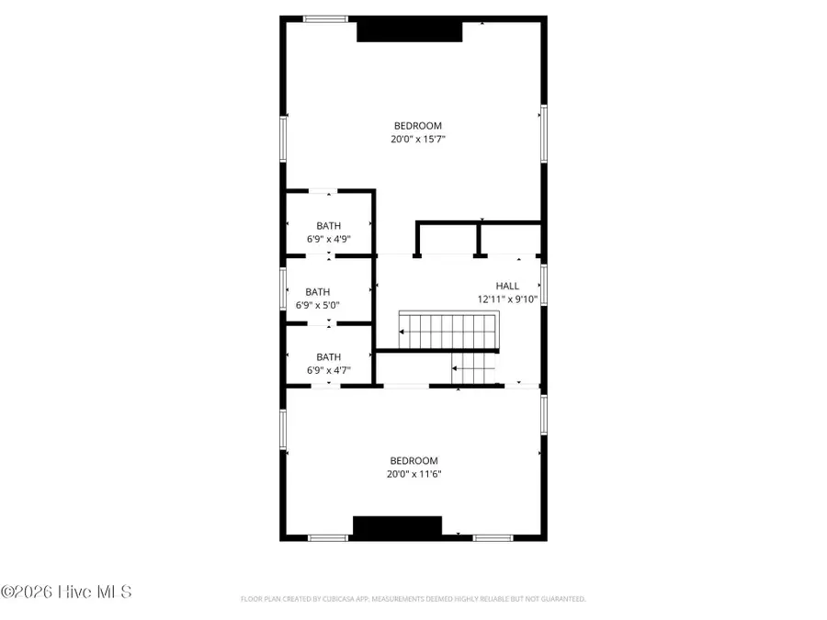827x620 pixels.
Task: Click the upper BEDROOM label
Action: (418, 126)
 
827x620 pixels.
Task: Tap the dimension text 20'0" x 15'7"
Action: (418, 140)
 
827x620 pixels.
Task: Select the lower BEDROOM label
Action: (413, 461)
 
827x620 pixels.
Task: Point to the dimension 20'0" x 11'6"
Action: (413, 474)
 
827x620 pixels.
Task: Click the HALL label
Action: (507, 287)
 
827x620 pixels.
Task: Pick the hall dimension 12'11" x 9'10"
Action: (507, 299)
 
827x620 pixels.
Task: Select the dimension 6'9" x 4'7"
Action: (329, 370)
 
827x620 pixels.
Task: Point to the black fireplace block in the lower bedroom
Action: (398, 527)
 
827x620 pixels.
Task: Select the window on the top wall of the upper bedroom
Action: (326, 18)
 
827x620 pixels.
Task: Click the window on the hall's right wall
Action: (544, 285)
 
